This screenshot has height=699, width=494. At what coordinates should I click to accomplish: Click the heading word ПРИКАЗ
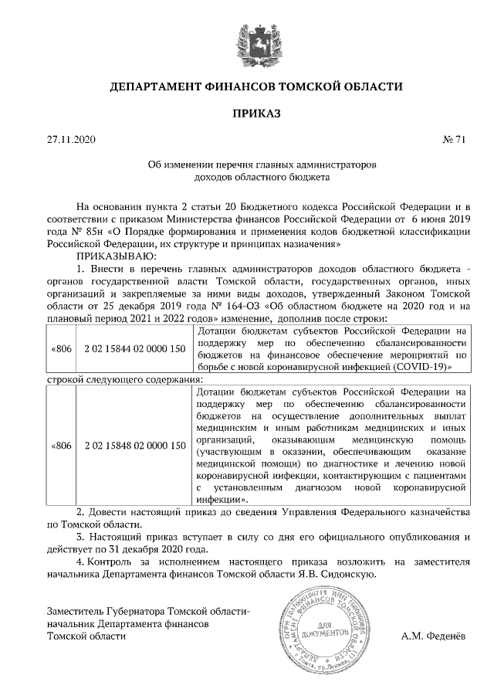[x=246, y=114]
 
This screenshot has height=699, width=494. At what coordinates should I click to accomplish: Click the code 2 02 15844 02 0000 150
[x=134, y=349]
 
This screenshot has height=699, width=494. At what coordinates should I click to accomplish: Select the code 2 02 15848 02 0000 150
[x=134, y=446]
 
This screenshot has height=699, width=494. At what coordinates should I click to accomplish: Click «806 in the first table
[x=61, y=349]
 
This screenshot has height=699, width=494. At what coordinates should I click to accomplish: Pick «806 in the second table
[x=61, y=446]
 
